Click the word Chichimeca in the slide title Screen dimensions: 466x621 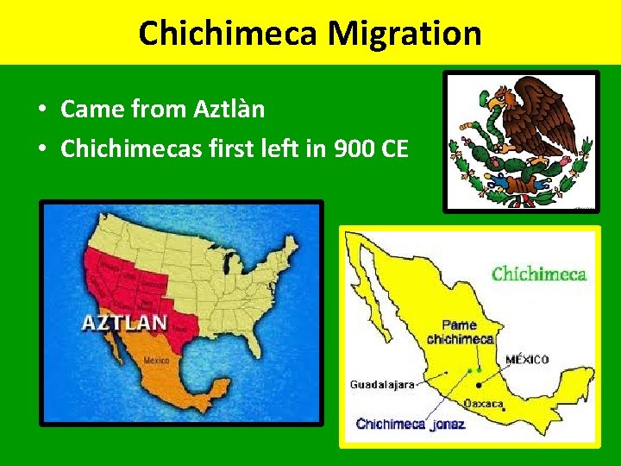(230, 34)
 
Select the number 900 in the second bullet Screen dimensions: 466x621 (356, 148)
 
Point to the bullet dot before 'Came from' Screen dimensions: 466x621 (41, 110)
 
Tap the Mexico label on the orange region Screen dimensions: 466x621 (156, 360)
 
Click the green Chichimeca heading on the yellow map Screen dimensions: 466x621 (538, 274)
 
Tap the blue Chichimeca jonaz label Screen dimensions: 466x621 (411, 424)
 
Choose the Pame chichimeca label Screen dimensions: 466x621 (460, 332)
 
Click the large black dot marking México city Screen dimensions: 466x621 (478, 386)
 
